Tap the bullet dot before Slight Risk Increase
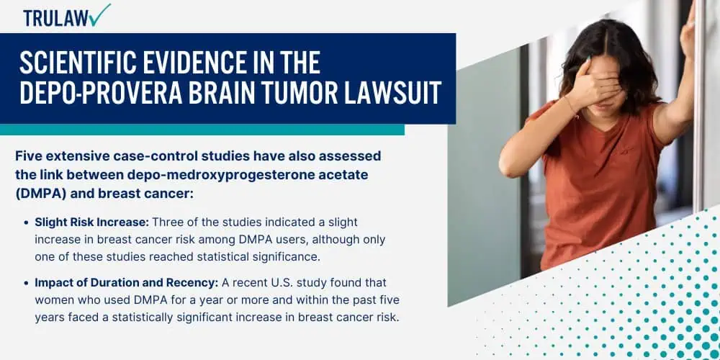[x=27, y=222]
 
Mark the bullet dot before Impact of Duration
[x=27, y=283]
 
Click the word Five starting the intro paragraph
[x=28, y=156]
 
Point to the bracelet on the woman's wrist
[x=573, y=108]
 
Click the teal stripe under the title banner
[x=202, y=130]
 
